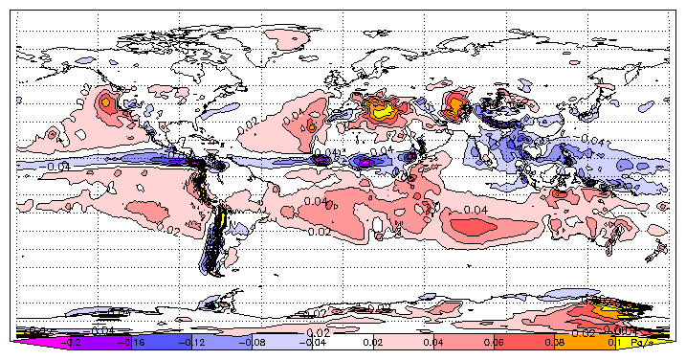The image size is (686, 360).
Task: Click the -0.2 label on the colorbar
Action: tap(71, 341)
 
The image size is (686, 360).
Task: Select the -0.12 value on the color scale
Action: tap(194, 341)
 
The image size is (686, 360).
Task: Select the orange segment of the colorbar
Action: tap(584, 341)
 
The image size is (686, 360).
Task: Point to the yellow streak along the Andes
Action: tap(222, 218)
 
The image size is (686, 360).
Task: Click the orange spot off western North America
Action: tap(104, 101)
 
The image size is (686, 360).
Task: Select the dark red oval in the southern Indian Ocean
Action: tap(486, 227)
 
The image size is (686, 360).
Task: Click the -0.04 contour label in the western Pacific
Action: tap(57, 166)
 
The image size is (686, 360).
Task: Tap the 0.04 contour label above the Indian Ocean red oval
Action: tap(476, 208)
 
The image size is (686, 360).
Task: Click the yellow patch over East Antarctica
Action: tap(605, 309)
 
